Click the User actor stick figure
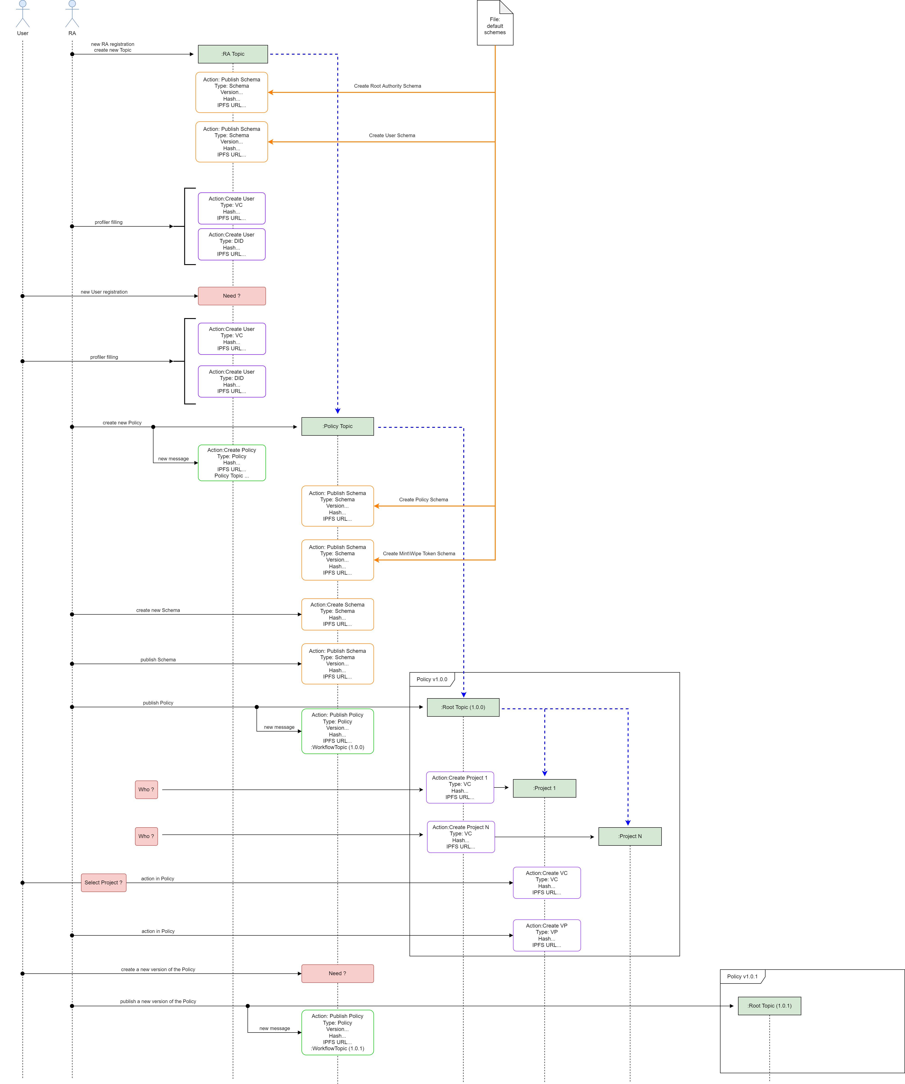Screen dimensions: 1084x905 22,14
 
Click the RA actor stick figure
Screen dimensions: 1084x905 72,14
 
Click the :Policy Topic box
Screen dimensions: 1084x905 337,426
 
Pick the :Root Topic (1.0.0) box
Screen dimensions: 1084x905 463,707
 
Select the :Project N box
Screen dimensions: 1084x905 630,836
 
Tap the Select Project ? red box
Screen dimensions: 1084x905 103,883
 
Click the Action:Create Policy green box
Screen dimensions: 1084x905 231,463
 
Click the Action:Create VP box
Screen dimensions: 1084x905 547,935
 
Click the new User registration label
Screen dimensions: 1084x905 104,292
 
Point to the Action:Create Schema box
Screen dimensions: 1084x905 337,614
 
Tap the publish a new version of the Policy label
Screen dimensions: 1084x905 158,1001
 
